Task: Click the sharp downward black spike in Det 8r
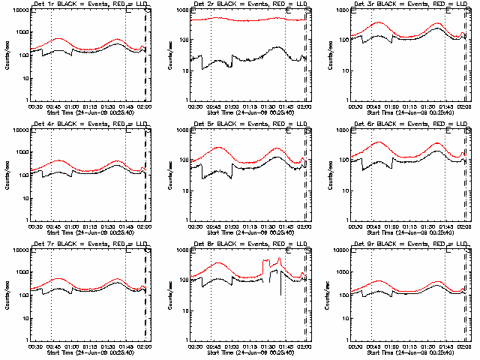[x=280, y=289]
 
